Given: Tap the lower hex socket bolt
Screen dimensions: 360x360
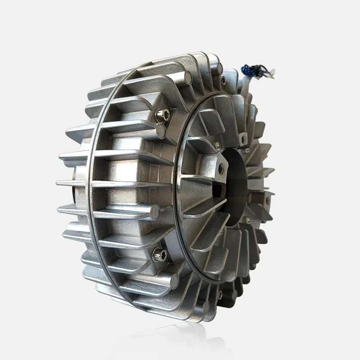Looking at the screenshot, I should click(x=158, y=255).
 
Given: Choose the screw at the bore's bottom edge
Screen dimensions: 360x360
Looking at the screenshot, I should click(x=247, y=220).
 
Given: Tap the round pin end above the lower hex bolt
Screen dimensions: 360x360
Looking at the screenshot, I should click(x=155, y=210).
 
